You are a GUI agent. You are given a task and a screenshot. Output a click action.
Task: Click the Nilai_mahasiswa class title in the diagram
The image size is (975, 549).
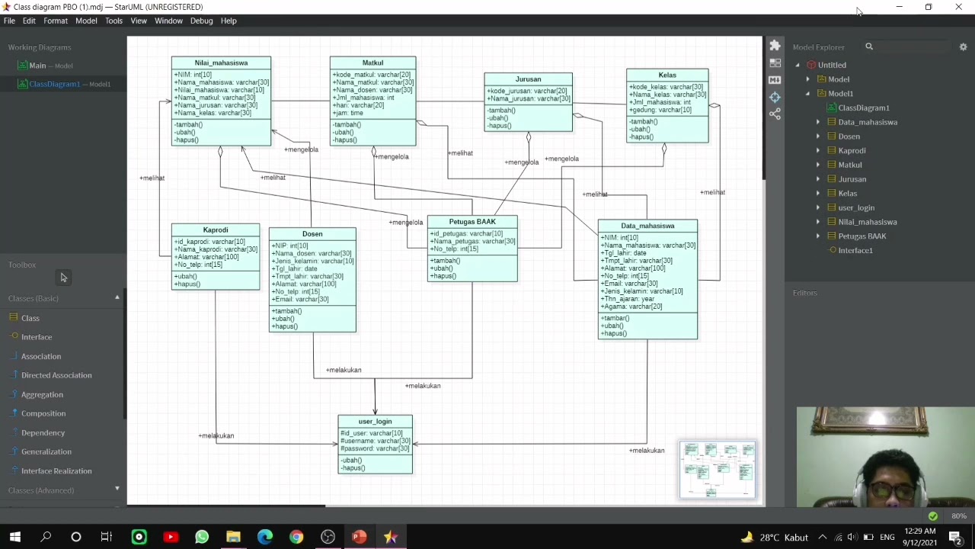pos(221,63)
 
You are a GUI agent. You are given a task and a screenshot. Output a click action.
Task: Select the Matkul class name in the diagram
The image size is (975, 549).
pos(372,63)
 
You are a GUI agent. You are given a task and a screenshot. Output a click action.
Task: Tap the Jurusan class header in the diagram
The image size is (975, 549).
pos(528,79)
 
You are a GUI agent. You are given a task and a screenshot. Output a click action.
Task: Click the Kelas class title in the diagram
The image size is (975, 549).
pos(667,75)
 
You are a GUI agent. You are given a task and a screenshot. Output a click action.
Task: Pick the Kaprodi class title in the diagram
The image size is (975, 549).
pos(216,230)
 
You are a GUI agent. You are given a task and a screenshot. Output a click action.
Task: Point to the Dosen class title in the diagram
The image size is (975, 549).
pos(312,234)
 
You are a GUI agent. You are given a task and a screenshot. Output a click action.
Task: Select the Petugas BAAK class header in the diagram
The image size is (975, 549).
pos(472,222)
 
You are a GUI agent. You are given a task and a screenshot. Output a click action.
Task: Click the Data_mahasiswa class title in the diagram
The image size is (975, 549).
pos(647,226)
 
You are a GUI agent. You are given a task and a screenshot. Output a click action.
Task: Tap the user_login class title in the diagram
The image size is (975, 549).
pos(375,422)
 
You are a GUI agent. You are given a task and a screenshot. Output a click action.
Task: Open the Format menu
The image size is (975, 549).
pos(56,21)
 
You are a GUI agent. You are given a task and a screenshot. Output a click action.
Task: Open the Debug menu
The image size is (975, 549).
pos(201,21)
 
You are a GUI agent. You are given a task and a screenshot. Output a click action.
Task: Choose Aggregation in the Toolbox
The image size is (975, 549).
pos(42,394)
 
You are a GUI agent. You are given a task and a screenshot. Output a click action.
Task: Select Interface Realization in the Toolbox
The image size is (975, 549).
pos(56,470)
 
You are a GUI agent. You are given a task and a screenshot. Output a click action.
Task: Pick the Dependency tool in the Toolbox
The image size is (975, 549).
pos(43,432)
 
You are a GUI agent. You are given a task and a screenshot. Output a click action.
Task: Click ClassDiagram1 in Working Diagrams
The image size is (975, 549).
pos(54,84)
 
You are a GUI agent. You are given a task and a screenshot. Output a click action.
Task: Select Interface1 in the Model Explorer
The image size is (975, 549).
pos(855,250)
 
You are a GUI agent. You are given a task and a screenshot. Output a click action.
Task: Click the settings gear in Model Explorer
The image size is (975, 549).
pos(963,47)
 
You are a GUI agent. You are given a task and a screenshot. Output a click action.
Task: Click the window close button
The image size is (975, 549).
pos(958,7)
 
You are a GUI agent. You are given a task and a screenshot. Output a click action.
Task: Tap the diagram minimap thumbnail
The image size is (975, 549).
pos(718,470)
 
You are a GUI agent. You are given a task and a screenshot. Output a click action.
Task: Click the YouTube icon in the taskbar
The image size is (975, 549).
pos(171,537)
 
